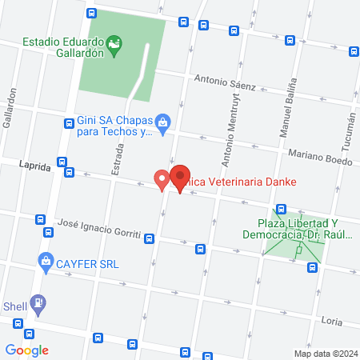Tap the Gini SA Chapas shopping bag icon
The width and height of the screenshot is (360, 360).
163,122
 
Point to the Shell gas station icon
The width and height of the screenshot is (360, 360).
38,303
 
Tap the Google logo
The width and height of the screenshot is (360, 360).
27,350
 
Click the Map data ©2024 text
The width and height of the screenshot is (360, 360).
324,353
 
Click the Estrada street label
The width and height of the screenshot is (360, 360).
118,159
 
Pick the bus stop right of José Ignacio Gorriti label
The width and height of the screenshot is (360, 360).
148,237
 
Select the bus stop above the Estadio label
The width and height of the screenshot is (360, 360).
93,13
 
